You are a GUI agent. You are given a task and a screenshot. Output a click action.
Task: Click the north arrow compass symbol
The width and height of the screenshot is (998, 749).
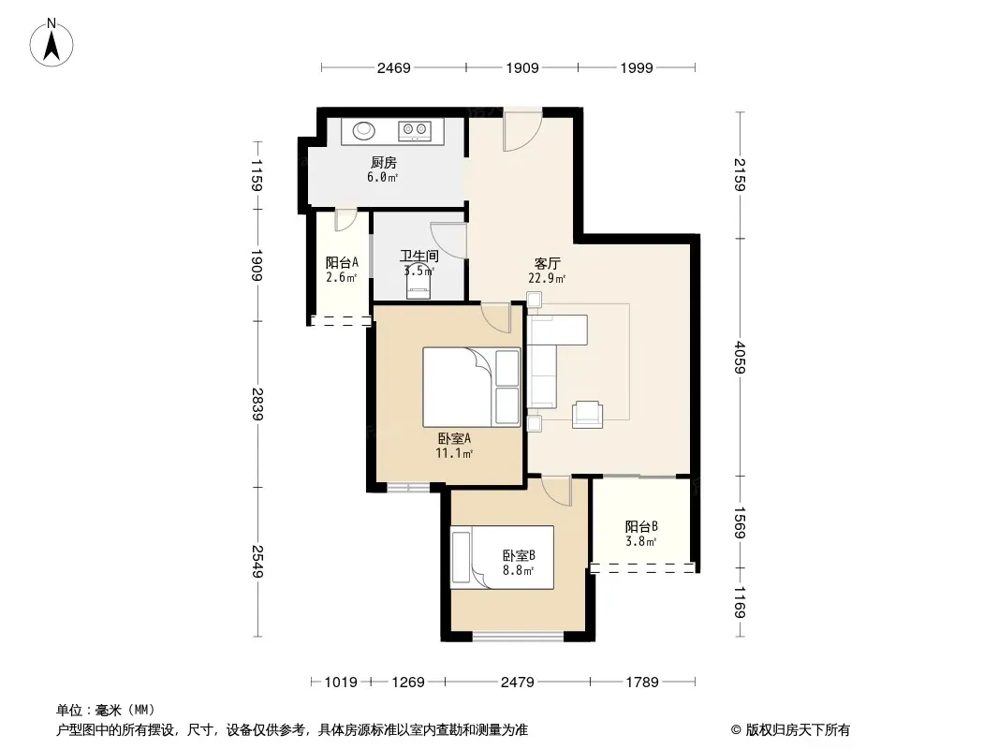point(51,43)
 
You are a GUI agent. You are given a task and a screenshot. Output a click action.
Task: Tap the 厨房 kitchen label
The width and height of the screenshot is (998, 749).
point(384,163)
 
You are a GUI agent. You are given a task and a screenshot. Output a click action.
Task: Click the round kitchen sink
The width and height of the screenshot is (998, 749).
point(364,130)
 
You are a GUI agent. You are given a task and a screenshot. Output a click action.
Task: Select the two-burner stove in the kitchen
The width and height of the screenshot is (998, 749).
point(415,131)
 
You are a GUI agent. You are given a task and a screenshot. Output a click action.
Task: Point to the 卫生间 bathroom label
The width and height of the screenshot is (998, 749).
point(418,256)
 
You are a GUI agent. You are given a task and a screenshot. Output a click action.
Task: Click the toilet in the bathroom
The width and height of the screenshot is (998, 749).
point(418,286)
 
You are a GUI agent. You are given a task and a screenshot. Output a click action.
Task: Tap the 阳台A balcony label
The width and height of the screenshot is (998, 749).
point(342,262)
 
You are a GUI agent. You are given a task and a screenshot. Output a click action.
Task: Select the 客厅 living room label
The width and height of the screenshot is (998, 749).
point(548,263)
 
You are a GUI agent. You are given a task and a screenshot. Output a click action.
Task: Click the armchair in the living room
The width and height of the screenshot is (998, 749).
point(587,414)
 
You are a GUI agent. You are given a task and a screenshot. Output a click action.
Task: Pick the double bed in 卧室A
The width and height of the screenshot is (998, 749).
point(472,387)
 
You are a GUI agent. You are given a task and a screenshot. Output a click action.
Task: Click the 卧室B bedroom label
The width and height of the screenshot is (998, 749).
point(519,555)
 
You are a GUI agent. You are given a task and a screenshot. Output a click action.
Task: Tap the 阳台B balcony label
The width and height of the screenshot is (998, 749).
point(641,526)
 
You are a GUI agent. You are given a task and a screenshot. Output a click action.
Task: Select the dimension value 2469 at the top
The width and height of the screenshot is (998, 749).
point(394,68)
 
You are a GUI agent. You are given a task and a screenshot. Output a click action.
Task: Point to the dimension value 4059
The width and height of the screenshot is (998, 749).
point(740,357)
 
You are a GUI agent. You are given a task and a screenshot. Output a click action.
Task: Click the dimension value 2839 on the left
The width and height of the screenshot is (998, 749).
point(257,404)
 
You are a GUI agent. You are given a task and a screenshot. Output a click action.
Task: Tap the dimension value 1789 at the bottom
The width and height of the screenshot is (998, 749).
point(642,683)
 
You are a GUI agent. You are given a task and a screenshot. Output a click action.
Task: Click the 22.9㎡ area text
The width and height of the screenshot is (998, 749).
point(547,278)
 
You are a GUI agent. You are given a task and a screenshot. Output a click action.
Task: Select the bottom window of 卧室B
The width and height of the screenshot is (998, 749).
point(518,636)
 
